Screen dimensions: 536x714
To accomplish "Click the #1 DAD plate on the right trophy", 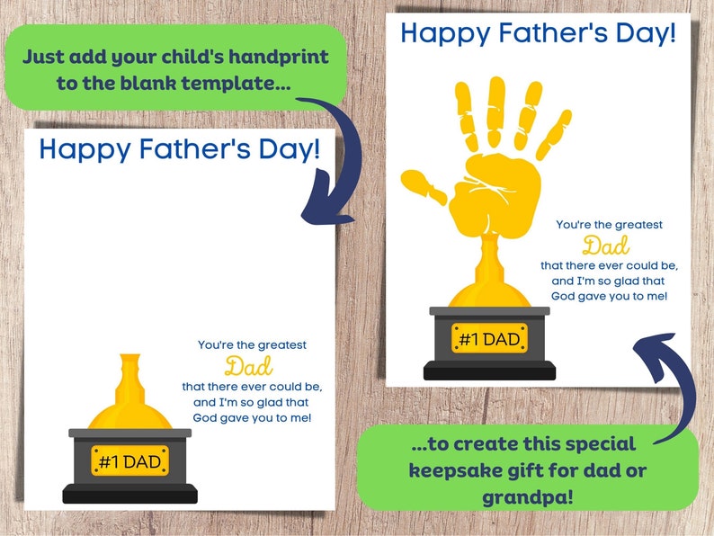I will pos(489,338).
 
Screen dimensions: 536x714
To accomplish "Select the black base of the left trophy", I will pos(129,493).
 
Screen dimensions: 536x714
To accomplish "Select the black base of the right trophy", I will pos(489,370).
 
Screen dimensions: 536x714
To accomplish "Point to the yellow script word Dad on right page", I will pos(606,245).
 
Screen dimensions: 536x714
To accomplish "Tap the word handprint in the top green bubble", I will pos(280,58).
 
